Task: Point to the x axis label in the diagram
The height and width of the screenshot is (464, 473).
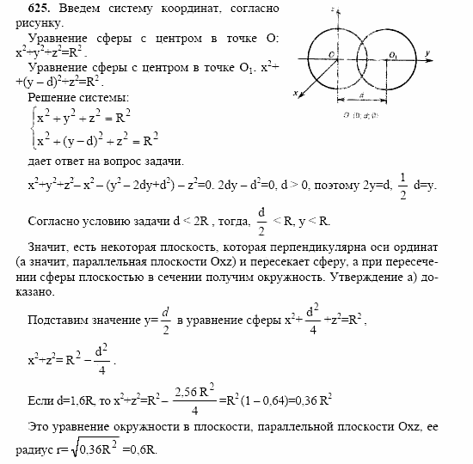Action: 295,92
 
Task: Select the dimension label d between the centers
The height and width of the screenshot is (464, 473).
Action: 360,96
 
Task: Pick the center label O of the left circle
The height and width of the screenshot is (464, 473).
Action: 330,54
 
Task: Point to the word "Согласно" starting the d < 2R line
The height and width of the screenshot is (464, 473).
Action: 44,220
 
